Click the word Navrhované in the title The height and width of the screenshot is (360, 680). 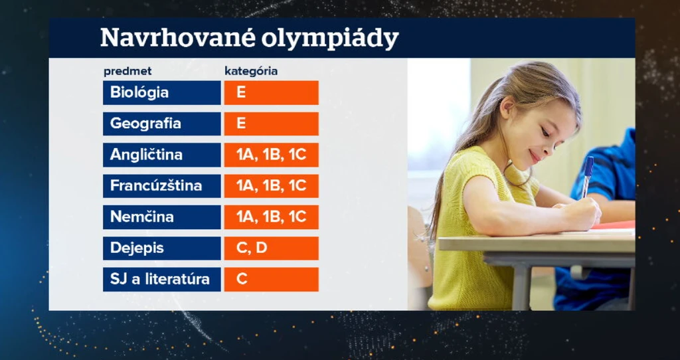click(x=177, y=38)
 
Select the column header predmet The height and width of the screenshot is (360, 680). click(x=127, y=72)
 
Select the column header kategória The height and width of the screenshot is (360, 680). click(x=251, y=72)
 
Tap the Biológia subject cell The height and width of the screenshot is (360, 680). click(x=162, y=92)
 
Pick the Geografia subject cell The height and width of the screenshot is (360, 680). click(x=162, y=124)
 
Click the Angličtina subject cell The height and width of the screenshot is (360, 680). click(x=162, y=155)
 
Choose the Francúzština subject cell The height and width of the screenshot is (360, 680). click(x=162, y=186)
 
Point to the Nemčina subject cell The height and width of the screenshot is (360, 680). click(x=162, y=217)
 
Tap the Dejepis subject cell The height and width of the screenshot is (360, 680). click(x=162, y=248)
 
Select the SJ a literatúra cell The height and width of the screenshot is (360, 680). click(x=162, y=280)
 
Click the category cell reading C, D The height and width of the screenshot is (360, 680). click(x=272, y=248)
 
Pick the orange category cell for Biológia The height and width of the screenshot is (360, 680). click(x=272, y=92)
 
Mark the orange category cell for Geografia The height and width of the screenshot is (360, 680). click(x=272, y=124)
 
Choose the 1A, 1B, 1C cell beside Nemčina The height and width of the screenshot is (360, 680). click(x=272, y=217)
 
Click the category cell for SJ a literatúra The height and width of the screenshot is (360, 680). click(x=272, y=280)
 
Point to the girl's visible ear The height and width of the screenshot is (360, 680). click(x=507, y=108)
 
